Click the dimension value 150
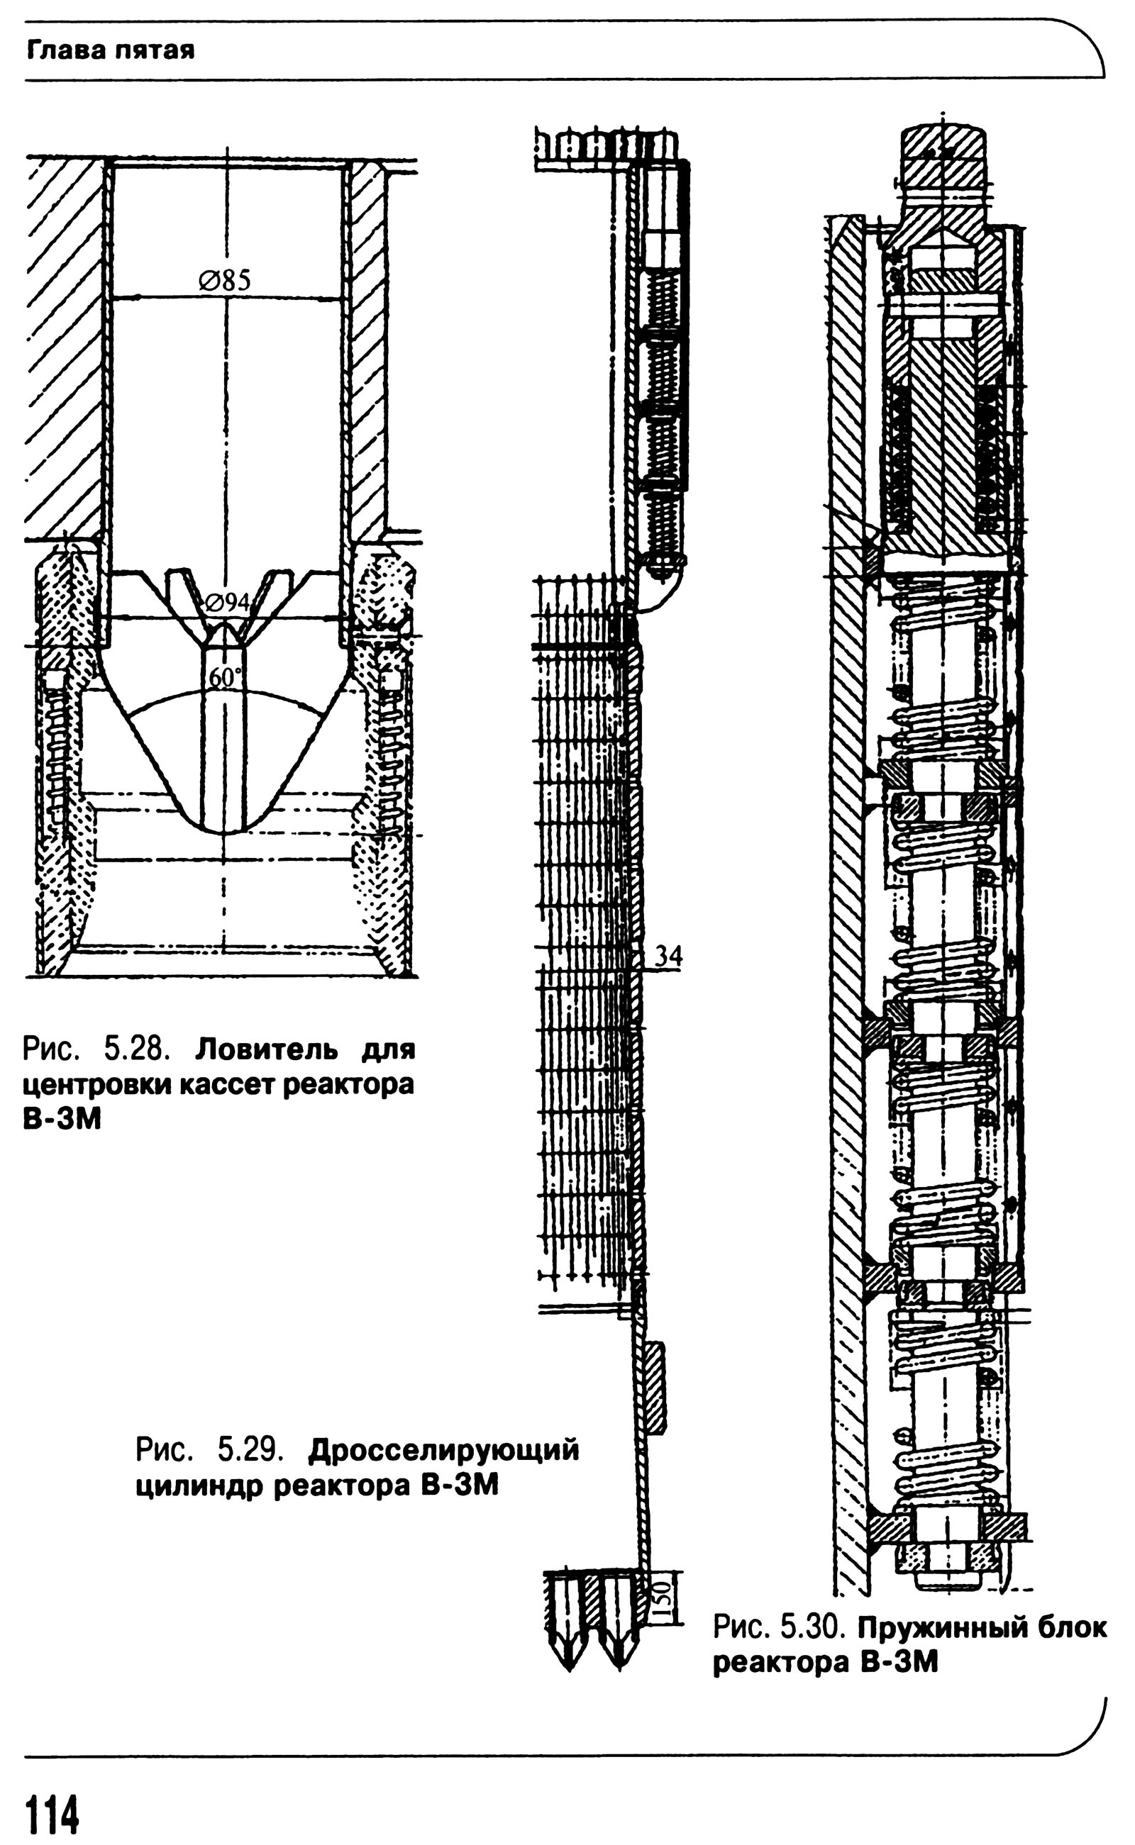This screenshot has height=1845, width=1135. pyautogui.click(x=660, y=1602)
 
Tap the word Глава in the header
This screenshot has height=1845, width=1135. pyautogui.click(x=63, y=50)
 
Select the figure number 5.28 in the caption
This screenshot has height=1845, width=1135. pyautogui.click(x=138, y=1048)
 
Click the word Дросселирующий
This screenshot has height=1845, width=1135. pyautogui.click(x=443, y=1449)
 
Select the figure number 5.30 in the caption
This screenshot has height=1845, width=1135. pyautogui.click(x=813, y=1627)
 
